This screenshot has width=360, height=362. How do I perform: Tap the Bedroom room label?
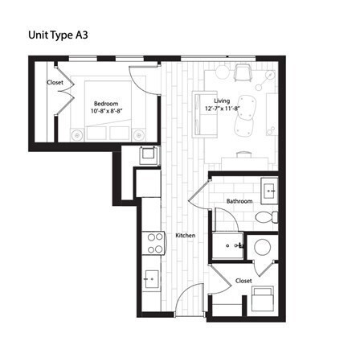click(x=106, y=103)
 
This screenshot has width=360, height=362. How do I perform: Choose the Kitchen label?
click(x=186, y=236)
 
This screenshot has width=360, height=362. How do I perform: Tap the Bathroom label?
click(x=239, y=201)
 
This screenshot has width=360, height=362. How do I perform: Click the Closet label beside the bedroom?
click(x=55, y=82)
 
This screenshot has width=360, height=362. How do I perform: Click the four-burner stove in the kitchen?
click(x=152, y=243)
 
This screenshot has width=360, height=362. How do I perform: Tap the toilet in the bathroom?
click(x=266, y=217)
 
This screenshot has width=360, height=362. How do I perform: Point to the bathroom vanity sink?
click(x=269, y=191)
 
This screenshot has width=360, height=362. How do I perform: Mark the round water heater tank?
click(x=261, y=248)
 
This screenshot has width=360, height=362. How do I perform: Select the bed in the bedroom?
click(x=108, y=113)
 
